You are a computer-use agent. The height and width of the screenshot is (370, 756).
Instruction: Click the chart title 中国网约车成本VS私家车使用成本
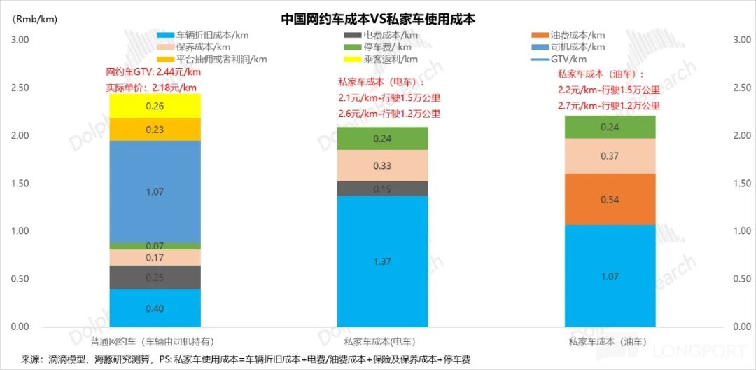(x=378, y=19)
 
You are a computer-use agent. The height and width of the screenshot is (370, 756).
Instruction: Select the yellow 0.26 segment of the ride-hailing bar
(x=155, y=106)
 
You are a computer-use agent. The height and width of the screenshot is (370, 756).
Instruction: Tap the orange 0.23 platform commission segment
(x=155, y=130)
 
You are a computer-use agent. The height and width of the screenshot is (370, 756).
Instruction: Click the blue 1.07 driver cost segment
(x=155, y=191)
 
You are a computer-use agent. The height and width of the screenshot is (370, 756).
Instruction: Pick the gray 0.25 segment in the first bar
(x=155, y=277)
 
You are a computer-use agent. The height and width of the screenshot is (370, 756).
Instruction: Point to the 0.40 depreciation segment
(x=155, y=308)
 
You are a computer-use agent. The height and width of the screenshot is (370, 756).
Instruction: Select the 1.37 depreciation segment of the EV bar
(x=383, y=261)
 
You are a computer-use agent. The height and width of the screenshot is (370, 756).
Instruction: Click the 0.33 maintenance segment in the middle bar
(x=383, y=166)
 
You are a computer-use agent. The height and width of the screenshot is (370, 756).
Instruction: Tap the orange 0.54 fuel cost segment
(x=610, y=199)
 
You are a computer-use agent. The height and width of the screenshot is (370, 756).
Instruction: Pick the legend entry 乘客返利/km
(x=390, y=60)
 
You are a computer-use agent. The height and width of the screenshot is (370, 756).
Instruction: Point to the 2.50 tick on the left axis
(x=20, y=88)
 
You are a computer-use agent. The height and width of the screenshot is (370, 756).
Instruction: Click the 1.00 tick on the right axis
(x=741, y=231)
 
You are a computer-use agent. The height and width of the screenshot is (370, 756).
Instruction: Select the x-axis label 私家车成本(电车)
(x=379, y=342)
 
